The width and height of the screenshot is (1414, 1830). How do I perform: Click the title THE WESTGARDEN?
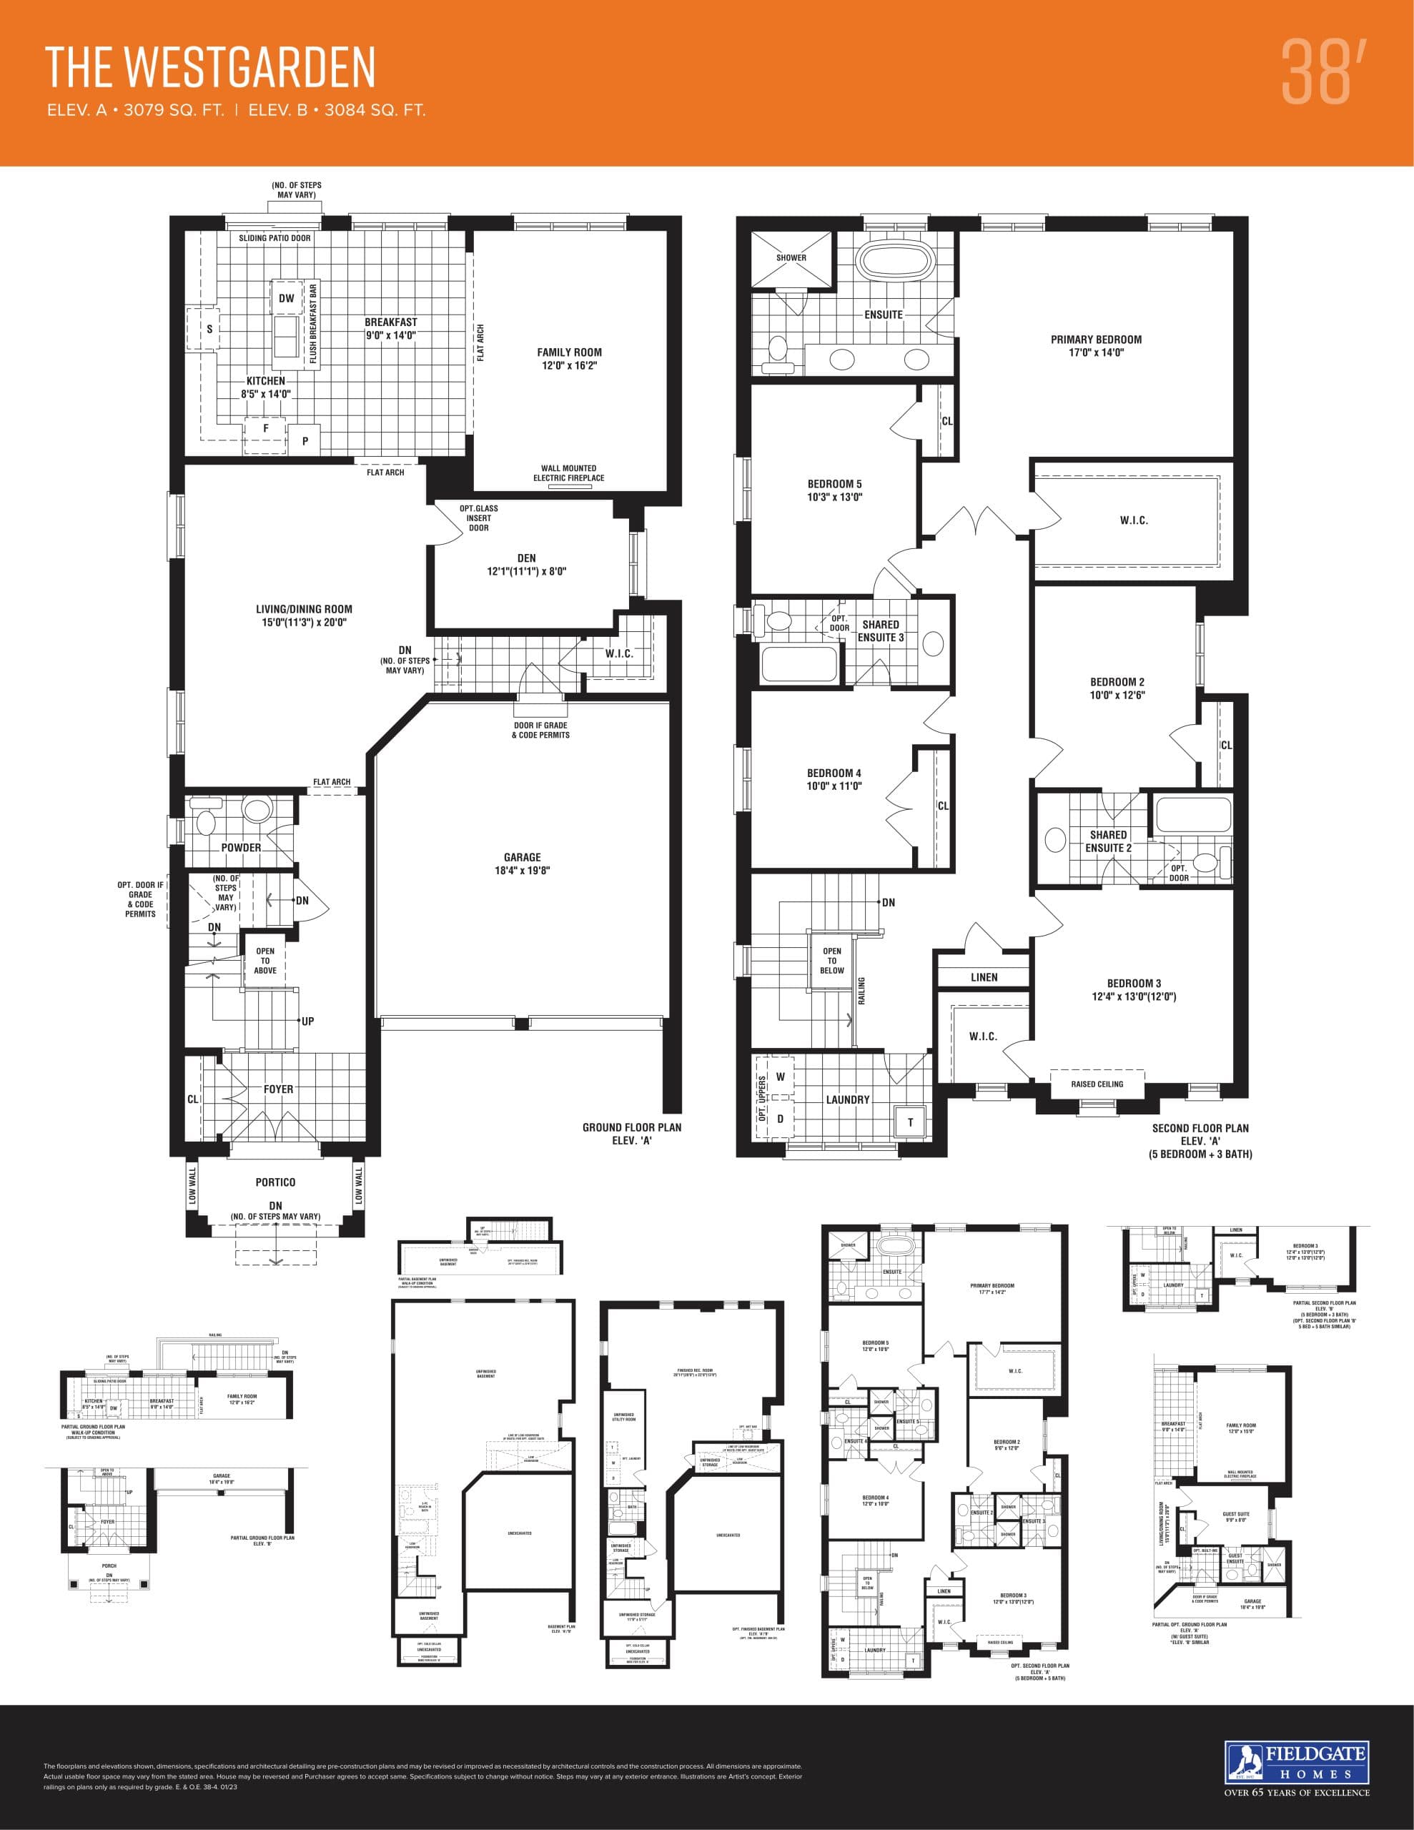click(209, 68)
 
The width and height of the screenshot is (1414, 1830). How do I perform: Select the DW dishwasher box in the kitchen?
click(287, 298)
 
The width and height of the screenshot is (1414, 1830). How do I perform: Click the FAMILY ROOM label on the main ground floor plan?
click(569, 359)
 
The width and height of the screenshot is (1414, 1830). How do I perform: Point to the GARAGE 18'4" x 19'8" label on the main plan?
click(522, 863)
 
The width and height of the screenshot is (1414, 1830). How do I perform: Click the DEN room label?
click(526, 564)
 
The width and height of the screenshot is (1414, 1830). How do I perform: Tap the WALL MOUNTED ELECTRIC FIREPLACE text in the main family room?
click(568, 473)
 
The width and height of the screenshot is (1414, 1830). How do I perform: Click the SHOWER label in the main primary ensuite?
click(791, 258)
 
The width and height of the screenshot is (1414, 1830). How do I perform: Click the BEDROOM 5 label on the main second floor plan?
click(834, 490)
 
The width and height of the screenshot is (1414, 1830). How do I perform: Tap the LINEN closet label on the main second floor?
click(984, 977)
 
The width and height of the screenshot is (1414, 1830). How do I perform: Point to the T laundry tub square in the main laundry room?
click(910, 1122)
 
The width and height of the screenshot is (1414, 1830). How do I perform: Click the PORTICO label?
click(275, 1182)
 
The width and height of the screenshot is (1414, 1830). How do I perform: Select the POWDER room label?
click(241, 848)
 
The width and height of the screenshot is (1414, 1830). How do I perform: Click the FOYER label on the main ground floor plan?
click(278, 1089)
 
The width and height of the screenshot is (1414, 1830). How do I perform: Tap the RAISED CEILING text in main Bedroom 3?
click(1097, 1084)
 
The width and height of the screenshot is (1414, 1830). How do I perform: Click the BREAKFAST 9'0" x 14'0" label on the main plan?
click(390, 328)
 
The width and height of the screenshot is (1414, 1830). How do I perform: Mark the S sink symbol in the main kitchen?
click(209, 330)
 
